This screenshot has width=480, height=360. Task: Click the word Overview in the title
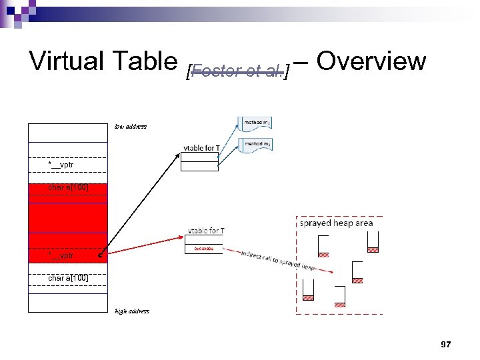click(x=371, y=61)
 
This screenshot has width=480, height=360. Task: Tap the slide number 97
click(x=446, y=344)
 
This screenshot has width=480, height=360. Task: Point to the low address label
click(x=130, y=126)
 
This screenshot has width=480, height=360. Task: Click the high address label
click(x=132, y=311)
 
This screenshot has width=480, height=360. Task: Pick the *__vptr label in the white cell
click(x=61, y=165)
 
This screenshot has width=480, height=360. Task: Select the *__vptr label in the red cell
click(x=61, y=255)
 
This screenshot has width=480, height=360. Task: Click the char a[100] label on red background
click(x=68, y=187)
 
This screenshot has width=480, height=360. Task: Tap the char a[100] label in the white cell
click(x=68, y=277)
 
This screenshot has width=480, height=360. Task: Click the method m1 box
click(x=257, y=123)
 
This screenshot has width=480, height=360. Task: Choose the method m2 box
click(x=257, y=145)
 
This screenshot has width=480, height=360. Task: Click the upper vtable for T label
click(x=202, y=148)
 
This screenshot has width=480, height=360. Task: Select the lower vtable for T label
click(x=205, y=231)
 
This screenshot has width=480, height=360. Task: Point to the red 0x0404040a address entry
click(x=204, y=249)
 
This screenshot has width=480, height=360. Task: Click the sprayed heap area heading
click(x=336, y=224)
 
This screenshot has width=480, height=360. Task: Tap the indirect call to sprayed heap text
click(x=279, y=259)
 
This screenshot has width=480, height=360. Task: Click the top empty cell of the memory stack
click(x=67, y=133)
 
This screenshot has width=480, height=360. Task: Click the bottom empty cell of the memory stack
click(x=67, y=303)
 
